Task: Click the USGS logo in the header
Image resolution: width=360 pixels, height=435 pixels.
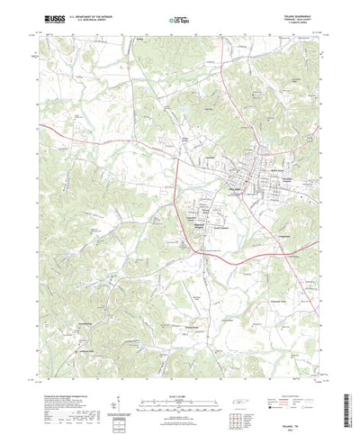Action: [49, 18]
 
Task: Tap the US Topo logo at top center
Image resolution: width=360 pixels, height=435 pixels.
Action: [179, 18]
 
